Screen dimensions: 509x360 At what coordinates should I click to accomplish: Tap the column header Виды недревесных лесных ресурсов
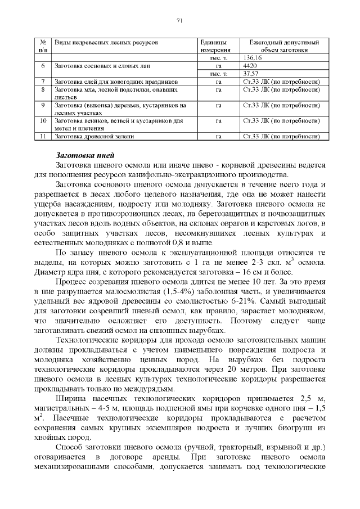coord(106,42)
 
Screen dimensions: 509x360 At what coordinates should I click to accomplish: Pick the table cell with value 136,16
coord(253,58)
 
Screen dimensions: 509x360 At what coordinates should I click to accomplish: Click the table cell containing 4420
coord(250,66)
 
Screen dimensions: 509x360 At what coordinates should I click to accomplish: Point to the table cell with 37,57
coord(251,74)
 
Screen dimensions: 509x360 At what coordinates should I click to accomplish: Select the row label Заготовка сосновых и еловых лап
coord(102,66)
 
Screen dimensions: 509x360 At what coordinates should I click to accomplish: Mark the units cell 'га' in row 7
coord(218,82)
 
